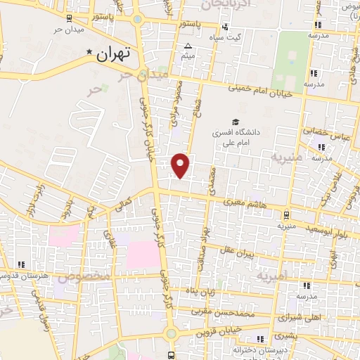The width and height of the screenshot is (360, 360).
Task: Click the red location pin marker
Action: [181, 165]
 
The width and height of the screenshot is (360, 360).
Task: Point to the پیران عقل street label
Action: [234, 252]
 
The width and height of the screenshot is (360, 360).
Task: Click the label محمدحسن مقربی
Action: [219, 309]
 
